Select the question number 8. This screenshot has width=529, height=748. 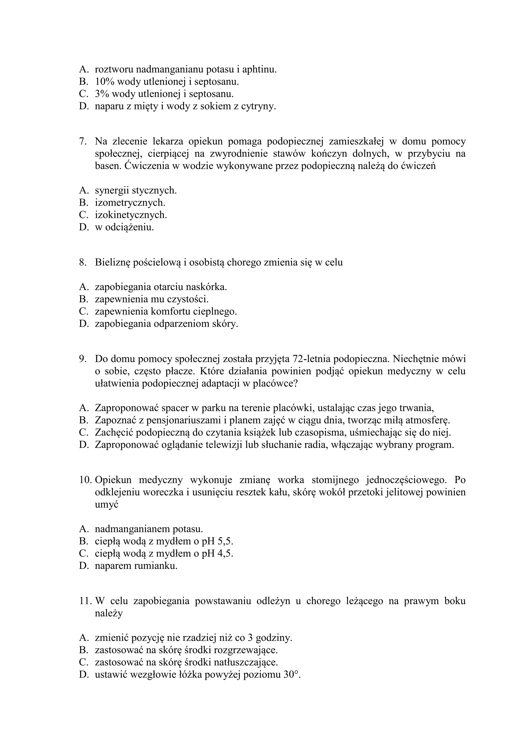tap(82, 263)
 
